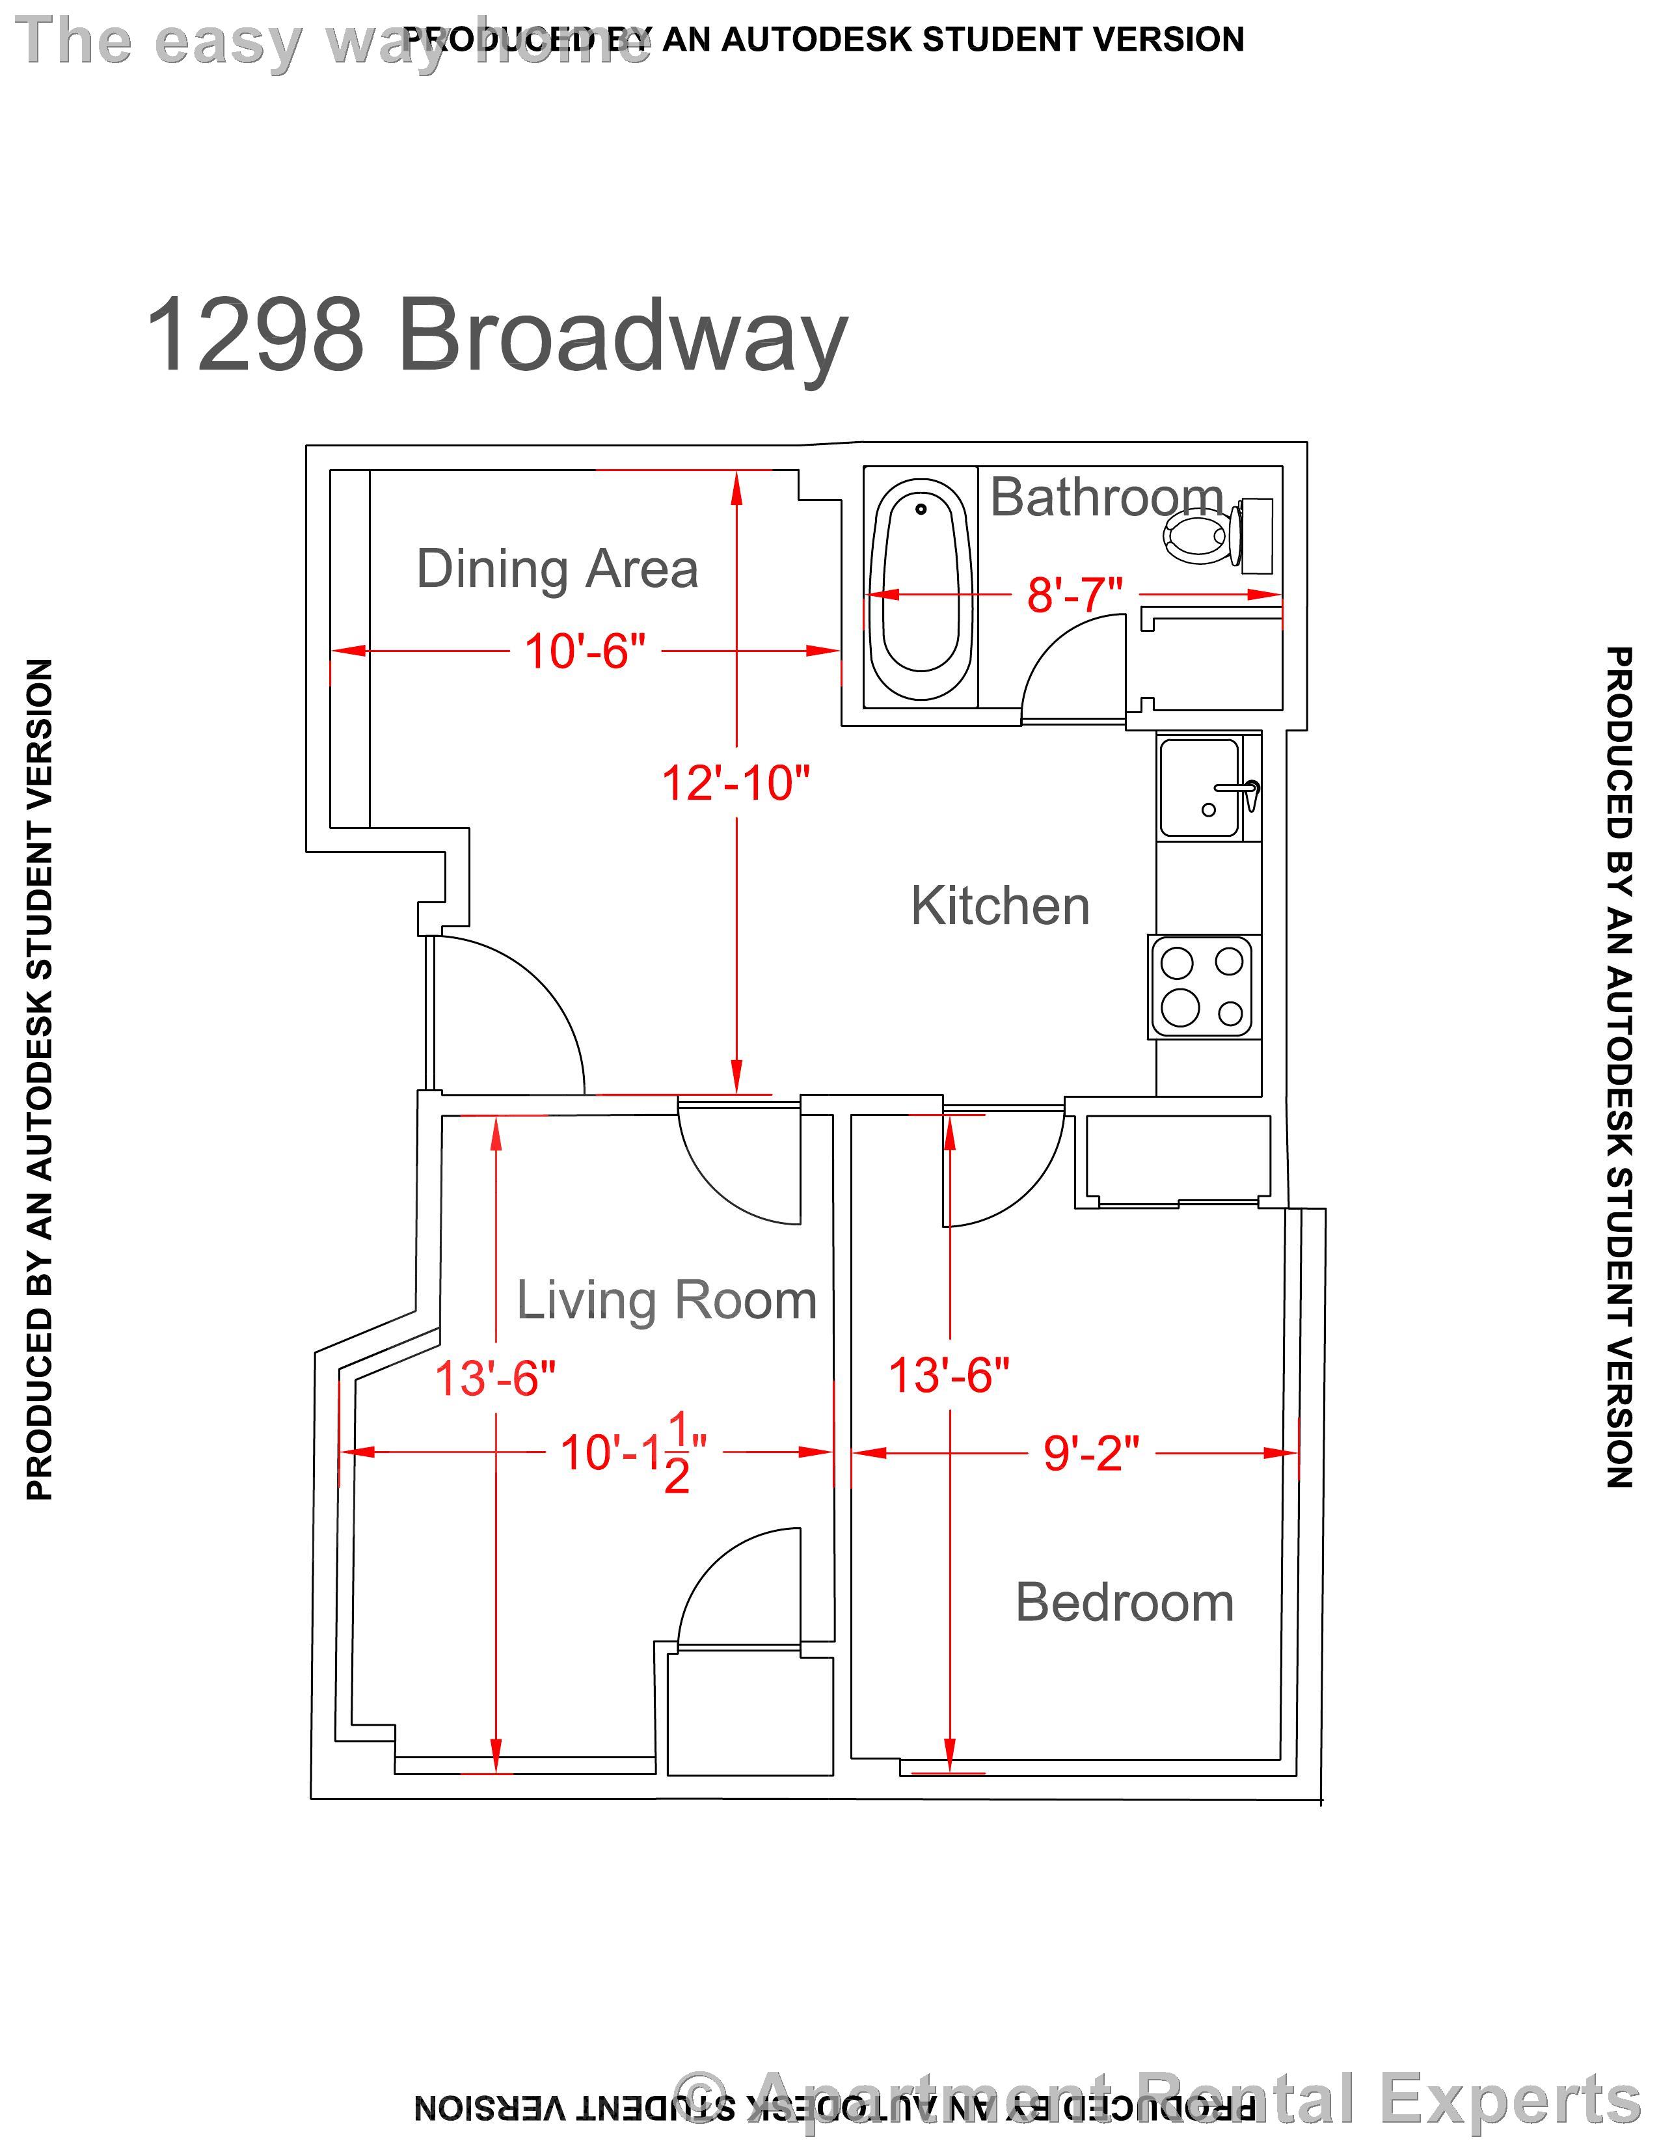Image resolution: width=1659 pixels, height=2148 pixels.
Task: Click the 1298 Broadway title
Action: tap(496, 336)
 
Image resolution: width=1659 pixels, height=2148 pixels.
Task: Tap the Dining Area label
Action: tap(557, 569)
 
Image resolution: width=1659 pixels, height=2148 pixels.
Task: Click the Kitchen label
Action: tap(999, 905)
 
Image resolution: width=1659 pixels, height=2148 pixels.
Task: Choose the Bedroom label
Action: tap(1124, 1602)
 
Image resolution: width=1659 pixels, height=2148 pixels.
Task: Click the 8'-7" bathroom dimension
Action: tap(1074, 595)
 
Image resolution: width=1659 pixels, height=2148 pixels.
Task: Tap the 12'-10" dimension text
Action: tap(735, 784)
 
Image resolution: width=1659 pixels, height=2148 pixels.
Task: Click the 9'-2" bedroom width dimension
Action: tap(1090, 1452)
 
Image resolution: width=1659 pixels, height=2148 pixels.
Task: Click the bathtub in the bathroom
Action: tap(921, 590)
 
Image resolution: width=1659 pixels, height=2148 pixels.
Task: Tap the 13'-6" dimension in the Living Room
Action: tap(494, 1378)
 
